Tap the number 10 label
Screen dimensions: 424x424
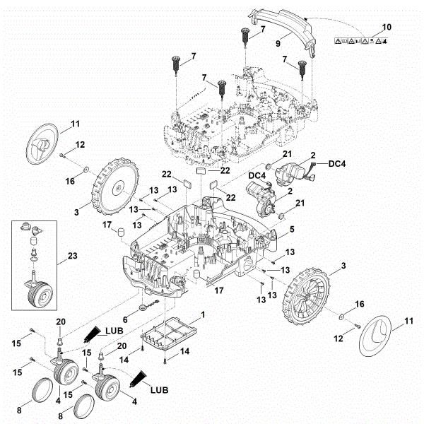[x=385, y=27]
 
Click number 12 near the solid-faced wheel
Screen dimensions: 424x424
[x=80, y=144]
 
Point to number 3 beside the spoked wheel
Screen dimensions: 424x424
[x=343, y=264]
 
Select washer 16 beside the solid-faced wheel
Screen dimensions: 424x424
[x=85, y=170]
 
